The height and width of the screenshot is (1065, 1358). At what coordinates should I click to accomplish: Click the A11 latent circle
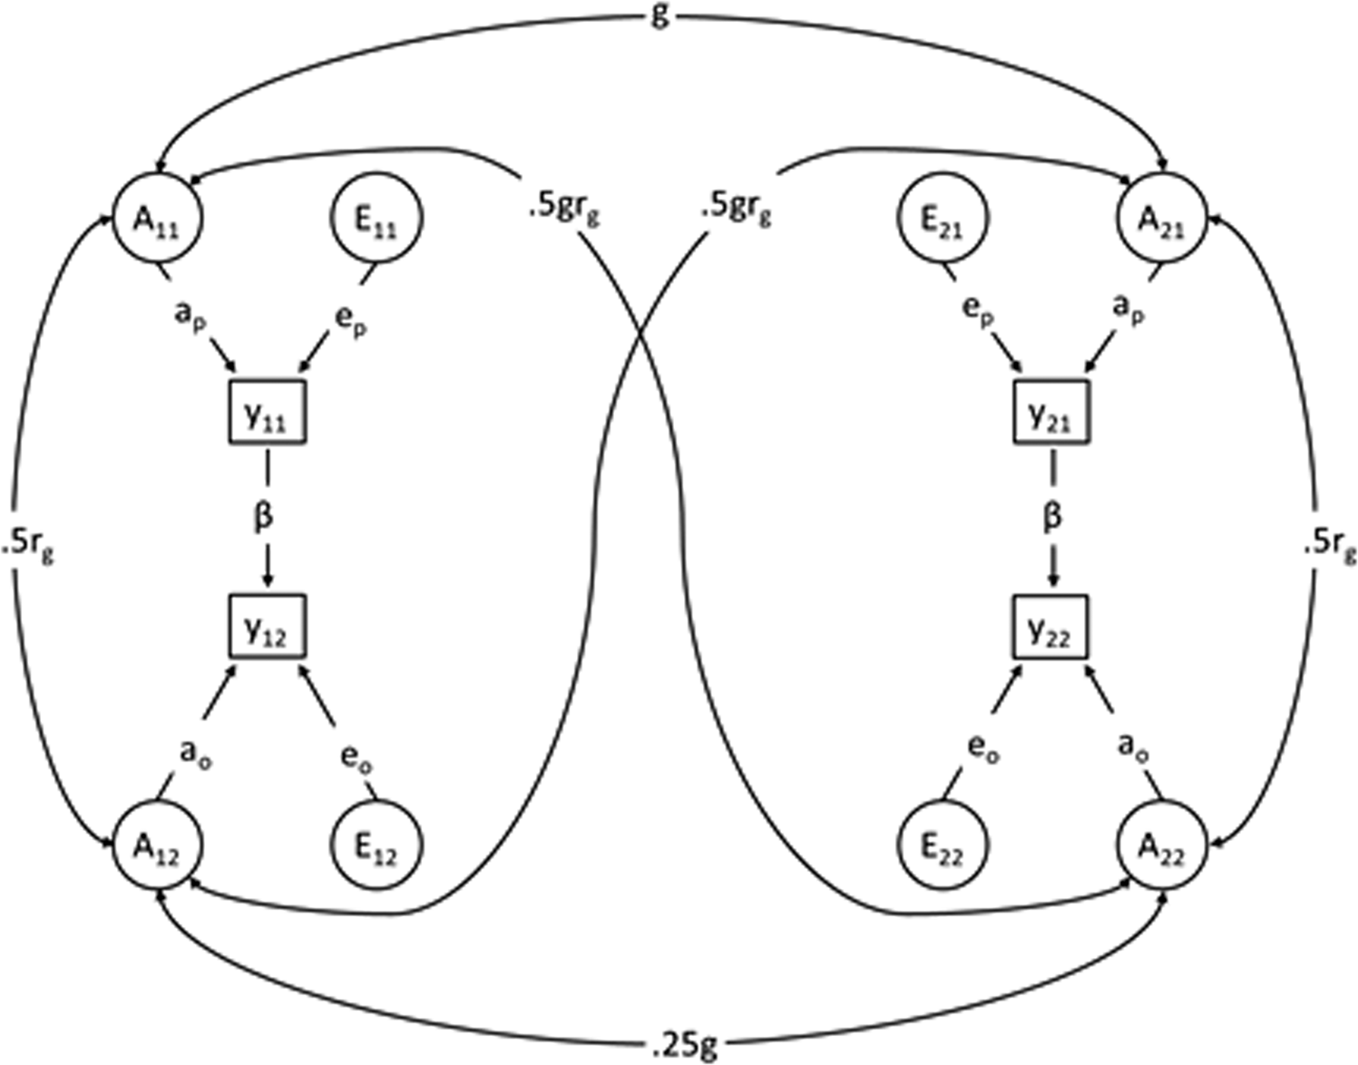pyautogui.click(x=157, y=219)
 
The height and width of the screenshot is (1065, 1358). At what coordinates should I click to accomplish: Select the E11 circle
pyautogui.click(x=375, y=219)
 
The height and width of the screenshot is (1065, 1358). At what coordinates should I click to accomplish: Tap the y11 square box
pyautogui.click(x=266, y=412)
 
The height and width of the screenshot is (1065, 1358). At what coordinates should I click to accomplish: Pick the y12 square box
pyautogui.click(x=266, y=626)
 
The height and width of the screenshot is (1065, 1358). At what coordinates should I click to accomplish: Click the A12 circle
pyautogui.click(x=157, y=845)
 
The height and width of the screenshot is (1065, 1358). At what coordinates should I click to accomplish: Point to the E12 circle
pyautogui.click(x=376, y=845)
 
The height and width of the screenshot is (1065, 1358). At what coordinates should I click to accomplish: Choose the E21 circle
pyautogui.click(x=943, y=219)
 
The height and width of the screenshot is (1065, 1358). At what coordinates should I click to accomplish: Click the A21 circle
pyautogui.click(x=1161, y=219)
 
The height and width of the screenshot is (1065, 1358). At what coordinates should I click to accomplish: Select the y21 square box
pyautogui.click(x=1050, y=412)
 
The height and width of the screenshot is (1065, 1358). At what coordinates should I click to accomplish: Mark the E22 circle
pyautogui.click(x=943, y=845)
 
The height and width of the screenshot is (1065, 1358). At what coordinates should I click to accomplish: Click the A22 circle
pyautogui.click(x=1161, y=845)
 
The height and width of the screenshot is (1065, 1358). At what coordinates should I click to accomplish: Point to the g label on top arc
pyautogui.click(x=660, y=15)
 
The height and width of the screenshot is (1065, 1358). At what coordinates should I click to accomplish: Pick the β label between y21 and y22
pyautogui.click(x=1052, y=517)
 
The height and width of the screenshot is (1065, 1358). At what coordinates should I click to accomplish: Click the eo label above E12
pyautogui.click(x=356, y=755)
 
